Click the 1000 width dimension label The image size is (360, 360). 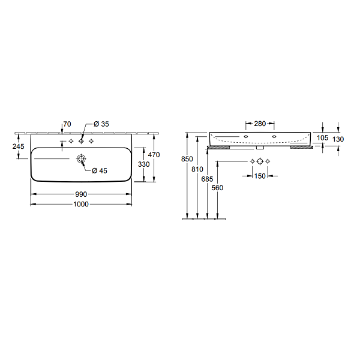[x=81, y=204]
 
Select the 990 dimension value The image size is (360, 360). [x=81, y=194]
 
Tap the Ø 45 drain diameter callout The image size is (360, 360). [x=100, y=170]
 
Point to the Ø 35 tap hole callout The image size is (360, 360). [x=101, y=124]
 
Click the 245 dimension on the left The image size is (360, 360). [x=19, y=146]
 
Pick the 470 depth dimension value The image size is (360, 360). [x=154, y=155]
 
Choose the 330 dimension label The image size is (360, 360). [x=144, y=164]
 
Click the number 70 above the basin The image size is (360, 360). [x=67, y=124]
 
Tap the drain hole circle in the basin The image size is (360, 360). [x=81, y=158]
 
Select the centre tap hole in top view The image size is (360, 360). [x=81, y=141]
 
